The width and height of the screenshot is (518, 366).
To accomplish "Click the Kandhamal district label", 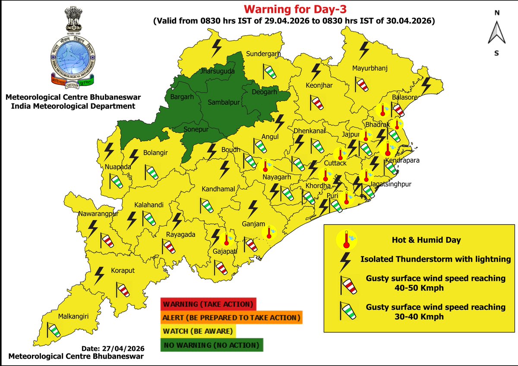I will [218, 189].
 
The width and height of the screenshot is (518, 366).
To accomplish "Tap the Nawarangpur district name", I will [92, 213].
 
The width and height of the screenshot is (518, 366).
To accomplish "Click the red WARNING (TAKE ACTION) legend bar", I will [208, 304].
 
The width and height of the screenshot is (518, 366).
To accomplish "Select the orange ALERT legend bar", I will [231, 318].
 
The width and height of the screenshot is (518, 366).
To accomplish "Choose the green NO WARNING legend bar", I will [211, 345].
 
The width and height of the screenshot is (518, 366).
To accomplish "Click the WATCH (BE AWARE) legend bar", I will [198, 332].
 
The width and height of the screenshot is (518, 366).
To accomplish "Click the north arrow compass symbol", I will [497, 33].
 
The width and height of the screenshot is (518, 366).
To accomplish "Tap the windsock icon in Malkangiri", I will [54, 330].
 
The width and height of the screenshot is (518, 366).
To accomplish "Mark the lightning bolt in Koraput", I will [100, 274].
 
